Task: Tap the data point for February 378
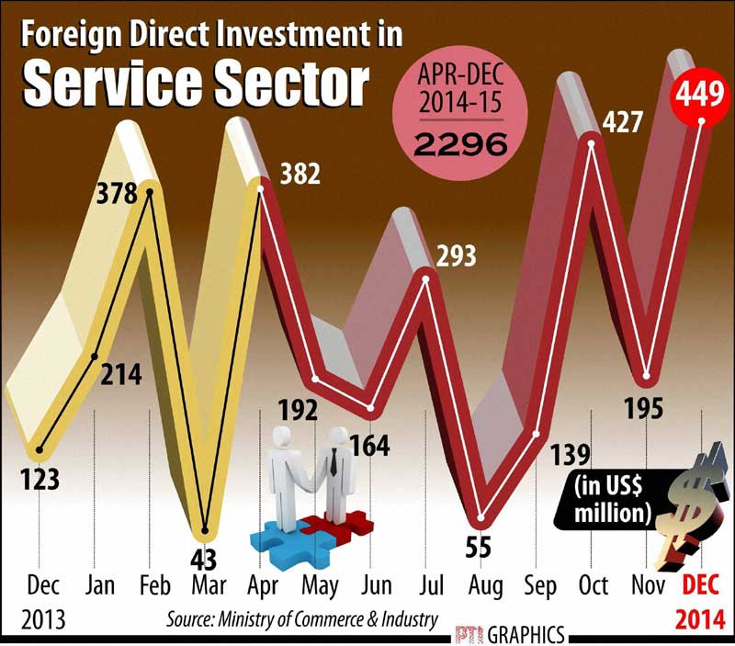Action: pos(147,193)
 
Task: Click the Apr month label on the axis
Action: pos(261,585)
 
